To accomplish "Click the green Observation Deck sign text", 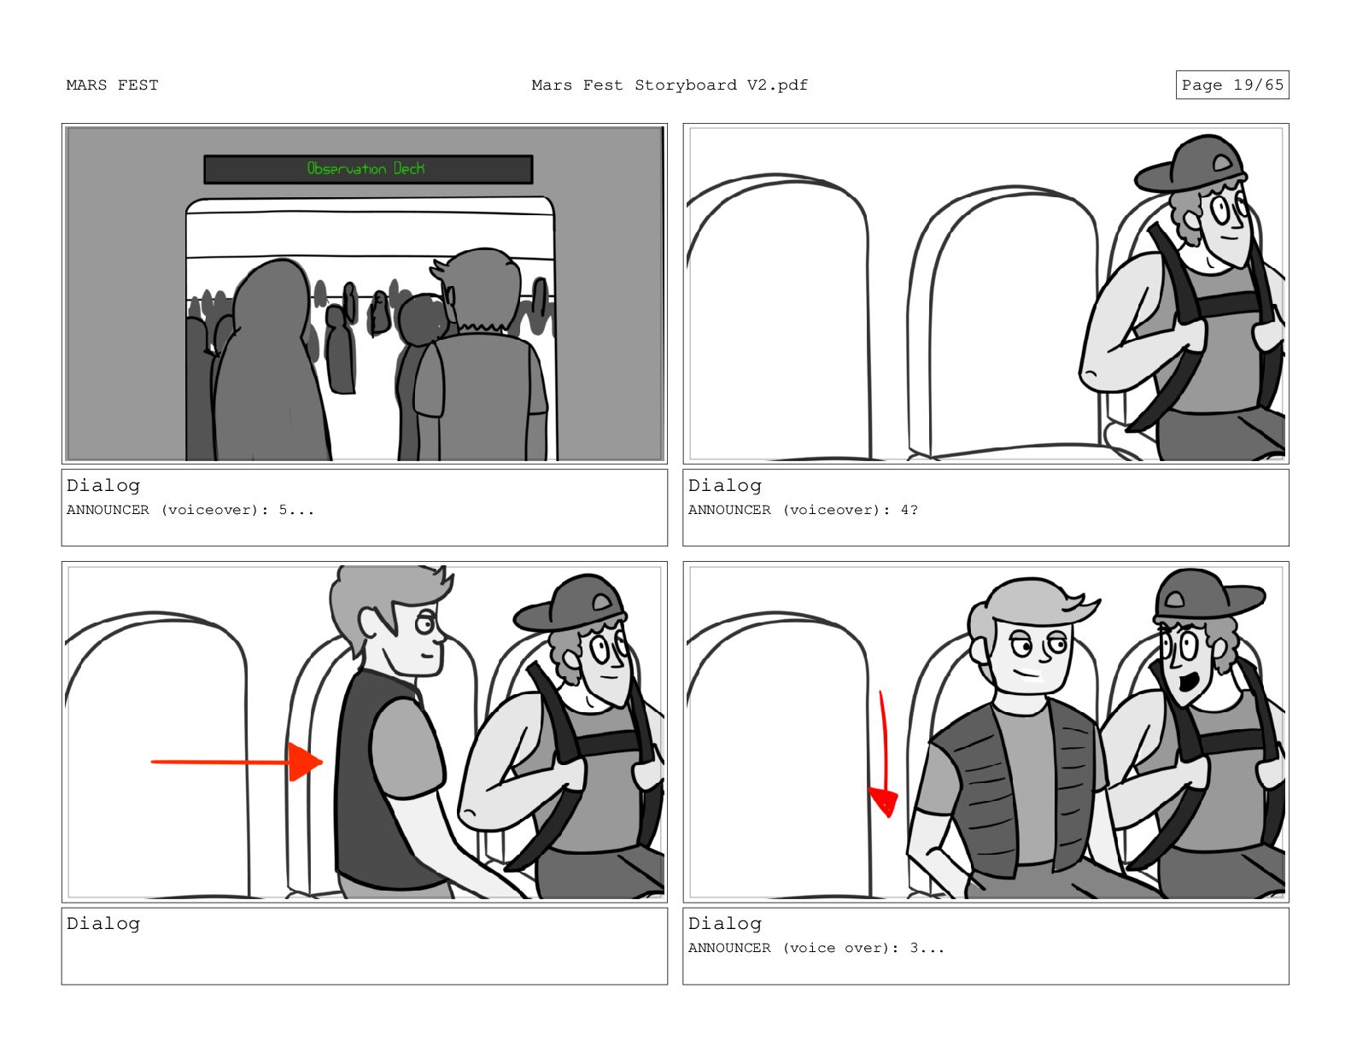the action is pyautogui.click(x=366, y=168).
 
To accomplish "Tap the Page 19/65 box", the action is pyautogui.click(x=1231, y=85).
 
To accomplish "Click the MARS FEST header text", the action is pyautogui.click(x=113, y=85).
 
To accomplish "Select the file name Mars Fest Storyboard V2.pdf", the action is pyautogui.click(x=670, y=85).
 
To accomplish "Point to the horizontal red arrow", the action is pyautogui.click(x=237, y=762).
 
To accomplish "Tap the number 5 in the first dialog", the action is pyautogui.click(x=283, y=510).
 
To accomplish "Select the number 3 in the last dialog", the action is pyautogui.click(x=915, y=948).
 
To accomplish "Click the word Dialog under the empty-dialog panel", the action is pyautogui.click(x=103, y=924).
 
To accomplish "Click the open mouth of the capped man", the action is pyautogui.click(x=1189, y=683).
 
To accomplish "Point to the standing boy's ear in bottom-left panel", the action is pyautogui.click(x=369, y=622).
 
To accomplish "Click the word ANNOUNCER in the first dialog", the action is pyautogui.click(x=108, y=510).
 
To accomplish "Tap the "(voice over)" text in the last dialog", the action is pyautogui.click(x=840, y=948).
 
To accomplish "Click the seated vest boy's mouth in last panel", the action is pyautogui.click(x=1027, y=674).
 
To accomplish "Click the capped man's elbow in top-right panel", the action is pyautogui.click(x=1092, y=375).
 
